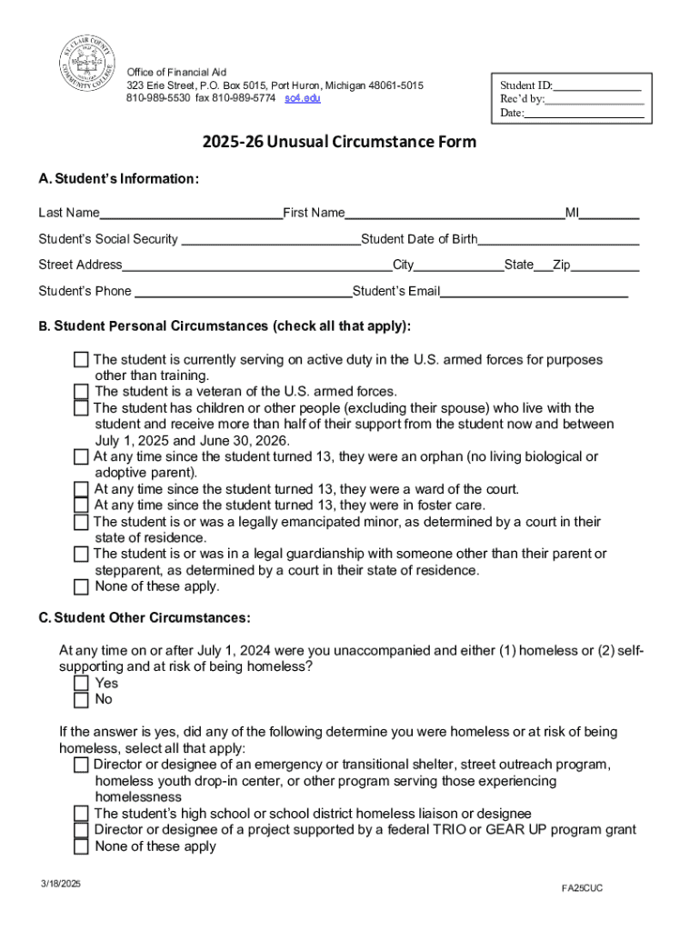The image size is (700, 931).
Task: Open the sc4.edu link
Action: (x=303, y=98)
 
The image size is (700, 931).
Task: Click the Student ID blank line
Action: (x=597, y=86)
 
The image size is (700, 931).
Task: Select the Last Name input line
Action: (x=191, y=215)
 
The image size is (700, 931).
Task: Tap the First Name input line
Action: (x=455, y=215)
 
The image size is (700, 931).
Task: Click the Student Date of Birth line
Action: (x=558, y=240)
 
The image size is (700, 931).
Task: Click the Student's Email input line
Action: (x=535, y=293)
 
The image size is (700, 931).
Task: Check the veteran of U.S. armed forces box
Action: (x=82, y=392)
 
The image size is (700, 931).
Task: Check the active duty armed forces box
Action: (x=82, y=360)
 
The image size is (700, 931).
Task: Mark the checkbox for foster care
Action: (x=82, y=506)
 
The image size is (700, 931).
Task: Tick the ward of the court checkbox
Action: (x=82, y=489)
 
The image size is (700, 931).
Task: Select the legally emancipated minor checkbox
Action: (x=82, y=522)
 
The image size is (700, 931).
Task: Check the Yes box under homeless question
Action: (x=82, y=683)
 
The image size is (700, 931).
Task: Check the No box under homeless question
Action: (x=82, y=699)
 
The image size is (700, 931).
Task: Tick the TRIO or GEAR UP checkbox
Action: (x=82, y=830)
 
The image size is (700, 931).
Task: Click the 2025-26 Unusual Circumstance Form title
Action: (x=339, y=143)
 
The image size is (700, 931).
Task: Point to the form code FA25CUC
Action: (x=582, y=887)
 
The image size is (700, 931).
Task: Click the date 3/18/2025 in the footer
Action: (x=59, y=884)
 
